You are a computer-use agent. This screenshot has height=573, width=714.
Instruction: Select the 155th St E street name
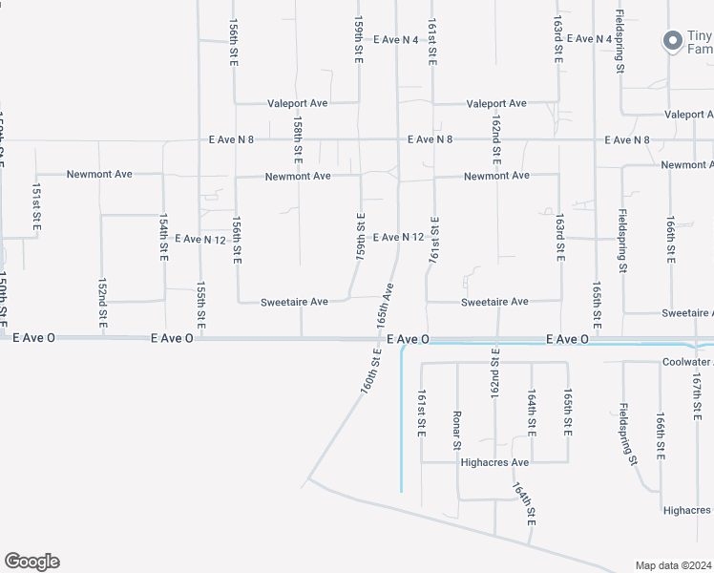pyautogui.click(x=201, y=300)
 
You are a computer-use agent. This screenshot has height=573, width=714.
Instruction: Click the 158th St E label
pyautogui.click(x=298, y=138)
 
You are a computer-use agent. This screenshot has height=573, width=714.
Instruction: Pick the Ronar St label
pyautogui.click(x=457, y=429)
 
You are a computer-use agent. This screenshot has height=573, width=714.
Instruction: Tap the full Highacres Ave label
pyautogui.click(x=494, y=462)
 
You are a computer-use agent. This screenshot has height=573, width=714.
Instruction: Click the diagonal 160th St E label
pyautogui.click(x=371, y=371)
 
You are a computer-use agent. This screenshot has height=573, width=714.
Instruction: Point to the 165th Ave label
pyautogui.click(x=385, y=305)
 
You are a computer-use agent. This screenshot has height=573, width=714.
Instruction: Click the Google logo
pyautogui.click(x=31, y=562)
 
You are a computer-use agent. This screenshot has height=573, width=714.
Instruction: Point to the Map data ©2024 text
pyautogui.click(x=673, y=564)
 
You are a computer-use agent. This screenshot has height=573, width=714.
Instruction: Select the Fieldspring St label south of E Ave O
pyautogui.click(x=627, y=433)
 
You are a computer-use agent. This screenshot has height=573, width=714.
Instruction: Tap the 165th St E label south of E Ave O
pyautogui.click(x=568, y=413)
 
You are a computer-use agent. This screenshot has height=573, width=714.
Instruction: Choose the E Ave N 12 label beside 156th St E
pyautogui.click(x=199, y=239)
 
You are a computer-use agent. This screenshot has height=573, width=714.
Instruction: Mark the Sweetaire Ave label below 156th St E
pyautogui.click(x=294, y=302)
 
